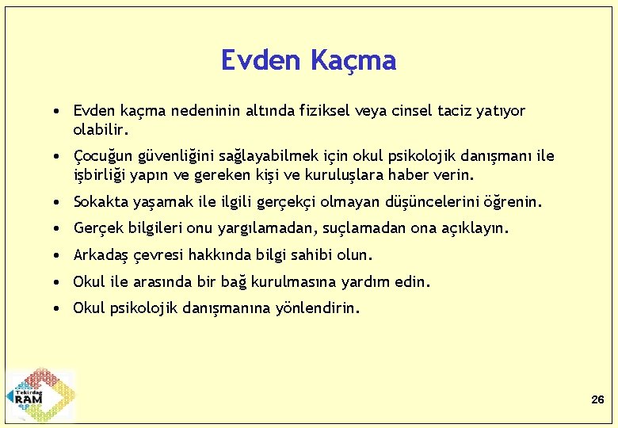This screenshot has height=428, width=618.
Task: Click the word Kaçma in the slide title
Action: click(x=353, y=60)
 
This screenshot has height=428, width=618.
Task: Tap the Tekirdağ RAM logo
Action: click(x=40, y=395)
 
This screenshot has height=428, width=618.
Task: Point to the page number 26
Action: click(x=597, y=400)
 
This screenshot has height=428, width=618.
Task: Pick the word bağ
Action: click(x=233, y=281)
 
